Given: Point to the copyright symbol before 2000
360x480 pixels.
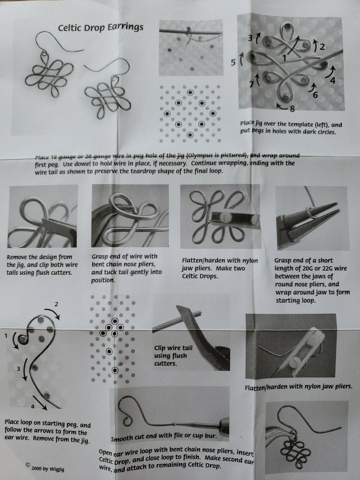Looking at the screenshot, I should [28, 465].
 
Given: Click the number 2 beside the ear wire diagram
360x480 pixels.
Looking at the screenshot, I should [56, 304].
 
